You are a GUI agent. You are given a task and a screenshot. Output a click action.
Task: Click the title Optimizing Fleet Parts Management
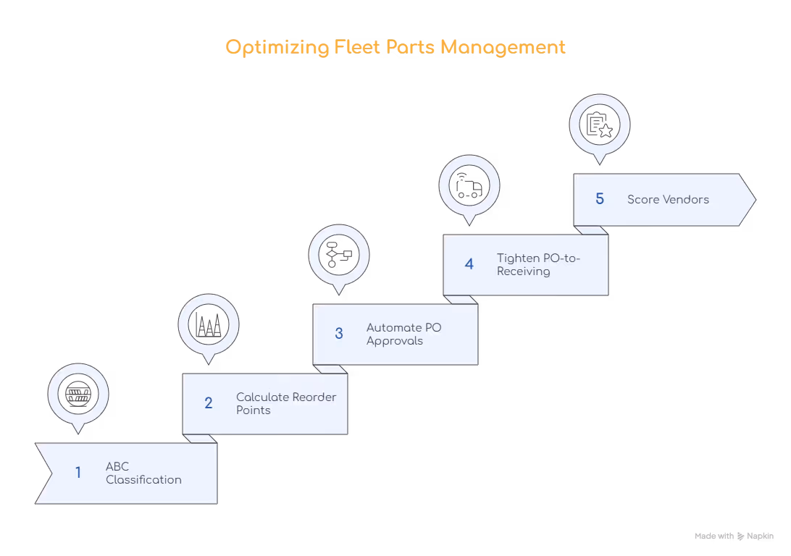pos(395,48)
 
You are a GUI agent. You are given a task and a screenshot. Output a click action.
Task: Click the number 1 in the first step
pos(78,473)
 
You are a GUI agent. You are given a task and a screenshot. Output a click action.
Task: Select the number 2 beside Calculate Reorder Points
pos(209,403)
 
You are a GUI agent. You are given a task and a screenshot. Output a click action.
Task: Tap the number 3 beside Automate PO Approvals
pos(339,334)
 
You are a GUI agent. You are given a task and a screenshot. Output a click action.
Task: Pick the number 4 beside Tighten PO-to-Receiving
pos(469,264)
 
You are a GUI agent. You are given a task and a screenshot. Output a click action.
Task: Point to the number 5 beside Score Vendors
pos(600,199)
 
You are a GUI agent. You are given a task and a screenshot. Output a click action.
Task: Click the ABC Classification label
pos(143,473)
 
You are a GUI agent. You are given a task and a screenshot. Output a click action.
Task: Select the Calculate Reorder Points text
pos(286,403)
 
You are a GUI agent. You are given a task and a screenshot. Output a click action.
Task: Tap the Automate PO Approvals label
pos(403,334)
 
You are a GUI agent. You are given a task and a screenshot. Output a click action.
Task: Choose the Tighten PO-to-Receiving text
pos(538,264)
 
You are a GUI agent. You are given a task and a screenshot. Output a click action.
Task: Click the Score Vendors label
pos(668,199)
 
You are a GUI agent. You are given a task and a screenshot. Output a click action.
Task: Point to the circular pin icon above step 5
pos(600,124)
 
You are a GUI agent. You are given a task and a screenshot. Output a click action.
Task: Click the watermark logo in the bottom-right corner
pos(734,537)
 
